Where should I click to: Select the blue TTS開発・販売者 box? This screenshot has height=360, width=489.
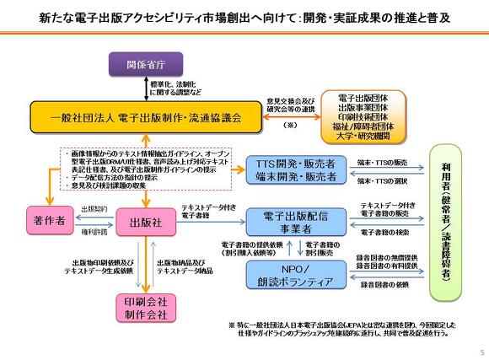(x=293, y=169)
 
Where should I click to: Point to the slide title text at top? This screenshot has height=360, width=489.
(x=244, y=17)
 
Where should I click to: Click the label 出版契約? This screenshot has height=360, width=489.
(x=94, y=207)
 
